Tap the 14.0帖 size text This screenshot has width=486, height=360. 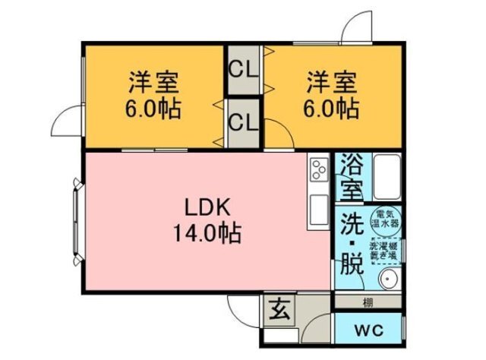(x=204, y=232)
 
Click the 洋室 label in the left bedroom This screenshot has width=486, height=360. (x=153, y=81)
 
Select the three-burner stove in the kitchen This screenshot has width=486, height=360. (x=317, y=169)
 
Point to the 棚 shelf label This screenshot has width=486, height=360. (x=368, y=302)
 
